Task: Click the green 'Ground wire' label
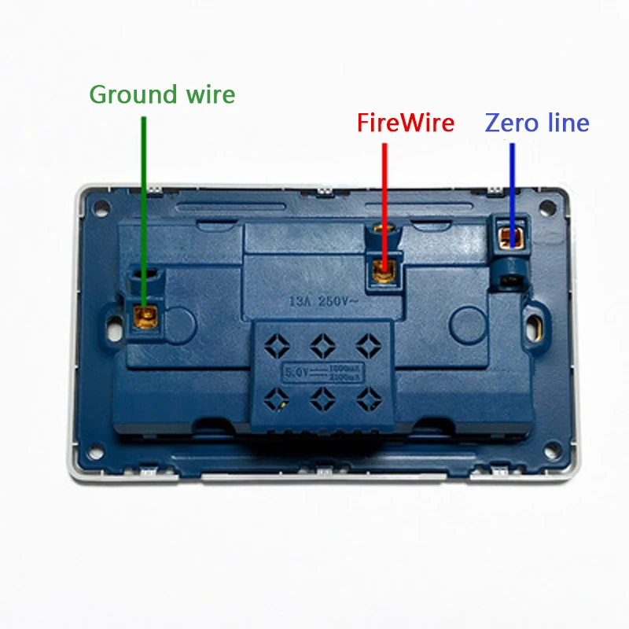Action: (x=162, y=95)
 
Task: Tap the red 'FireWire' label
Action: (x=405, y=123)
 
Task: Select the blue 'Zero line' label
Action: (x=537, y=123)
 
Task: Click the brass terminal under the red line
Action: (x=384, y=271)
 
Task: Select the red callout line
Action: (x=384, y=204)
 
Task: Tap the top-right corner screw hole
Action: (x=544, y=210)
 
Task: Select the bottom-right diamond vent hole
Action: (x=363, y=399)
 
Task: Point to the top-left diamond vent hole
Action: (x=277, y=344)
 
